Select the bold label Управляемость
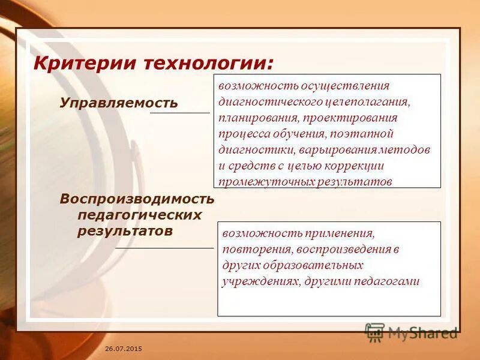(x=119, y=103)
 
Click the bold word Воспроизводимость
(x=137, y=199)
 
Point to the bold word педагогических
(x=139, y=215)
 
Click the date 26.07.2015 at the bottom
(x=124, y=349)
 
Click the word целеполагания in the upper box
(x=369, y=101)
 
